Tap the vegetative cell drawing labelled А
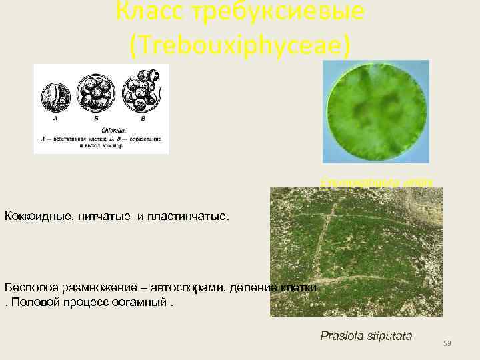click(56, 94)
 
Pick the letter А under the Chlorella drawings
click(56, 119)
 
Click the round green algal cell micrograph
click(375, 111)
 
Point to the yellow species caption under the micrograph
click(377, 181)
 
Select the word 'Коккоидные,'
click(43, 217)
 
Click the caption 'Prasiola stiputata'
click(366, 335)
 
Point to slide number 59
click(447, 343)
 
